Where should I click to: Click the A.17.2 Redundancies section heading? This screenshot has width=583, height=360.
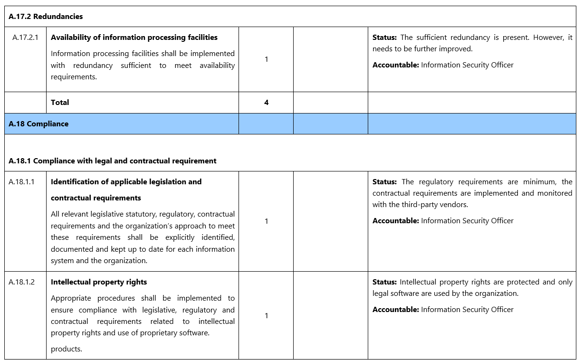[x=46, y=17]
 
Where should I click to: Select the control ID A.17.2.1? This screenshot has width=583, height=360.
[x=26, y=38]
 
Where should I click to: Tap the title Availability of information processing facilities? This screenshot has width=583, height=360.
[x=134, y=38]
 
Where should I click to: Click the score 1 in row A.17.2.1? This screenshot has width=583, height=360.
[x=266, y=59]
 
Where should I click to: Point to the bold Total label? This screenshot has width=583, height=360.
[x=60, y=103]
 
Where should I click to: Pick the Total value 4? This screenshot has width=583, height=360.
[x=266, y=103]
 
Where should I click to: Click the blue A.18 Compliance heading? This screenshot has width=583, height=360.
[x=38, y=124]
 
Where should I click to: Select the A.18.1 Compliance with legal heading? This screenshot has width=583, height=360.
[x=113, y=161]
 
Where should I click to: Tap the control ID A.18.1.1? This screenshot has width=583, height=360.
[x=21, y=182]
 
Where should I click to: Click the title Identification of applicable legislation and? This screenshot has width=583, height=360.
[x=126, y=182]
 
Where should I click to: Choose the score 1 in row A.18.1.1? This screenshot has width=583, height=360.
[x=266, y=221]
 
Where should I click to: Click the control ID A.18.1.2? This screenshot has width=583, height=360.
[x=21, y=282]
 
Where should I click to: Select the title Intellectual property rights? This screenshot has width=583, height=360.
[x=99, y=282]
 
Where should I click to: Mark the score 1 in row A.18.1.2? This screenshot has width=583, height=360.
[x=266, y=316]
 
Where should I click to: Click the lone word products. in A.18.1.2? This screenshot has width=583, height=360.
[x=67, y=349]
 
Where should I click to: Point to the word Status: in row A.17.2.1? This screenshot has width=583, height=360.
[x=384, y=38]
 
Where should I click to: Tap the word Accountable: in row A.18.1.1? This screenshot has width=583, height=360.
[x=395, y=221]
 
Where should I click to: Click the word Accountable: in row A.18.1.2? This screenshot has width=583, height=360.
[x=395, y=310]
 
